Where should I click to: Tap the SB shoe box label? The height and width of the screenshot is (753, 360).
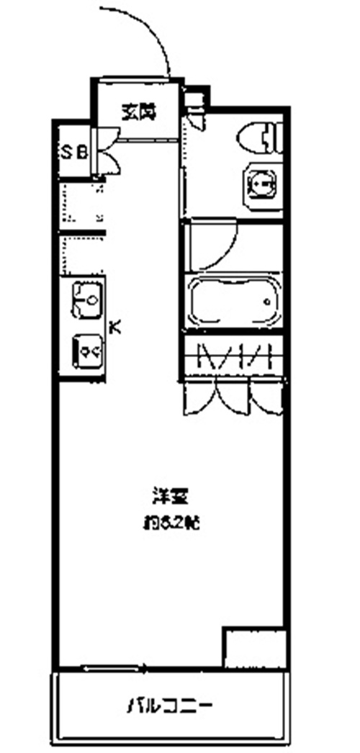tap(74, 152)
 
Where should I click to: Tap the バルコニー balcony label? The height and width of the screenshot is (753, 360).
tap(171, 703)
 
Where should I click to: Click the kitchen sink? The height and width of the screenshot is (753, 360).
tap(88, 299)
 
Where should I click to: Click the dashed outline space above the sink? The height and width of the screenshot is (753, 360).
tap(81, 206)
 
